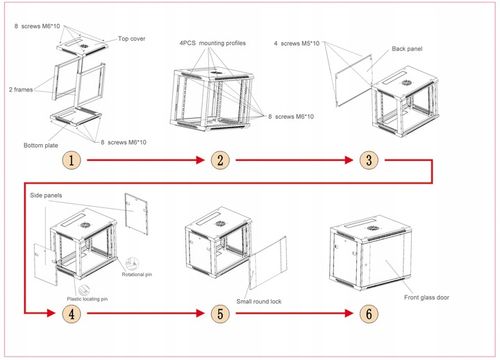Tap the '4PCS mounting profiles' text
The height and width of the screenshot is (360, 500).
213,44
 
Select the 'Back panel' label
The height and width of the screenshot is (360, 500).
406,48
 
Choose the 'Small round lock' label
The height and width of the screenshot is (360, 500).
259,300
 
